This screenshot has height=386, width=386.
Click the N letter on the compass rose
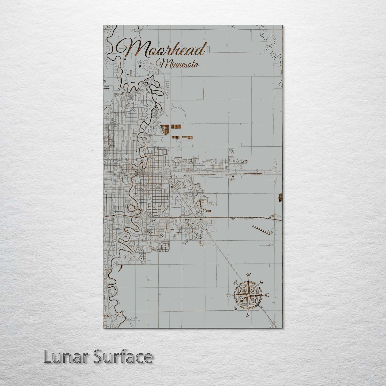pyautogui.click(x=248, y=275)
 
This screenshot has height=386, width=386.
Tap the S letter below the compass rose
pyautogui.click(x=248, y=315)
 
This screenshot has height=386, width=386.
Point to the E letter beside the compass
pyautogui.click(x=266, y=295)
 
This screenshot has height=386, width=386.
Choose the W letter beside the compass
pyautogui.click(x=228, y=295)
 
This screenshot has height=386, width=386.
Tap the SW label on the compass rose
pyautogui.click(x=235, y=308)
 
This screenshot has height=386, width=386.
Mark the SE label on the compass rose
pyautogui.click(x=261, y=308)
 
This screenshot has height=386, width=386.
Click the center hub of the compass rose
pyautogui.click(x=248, y=295)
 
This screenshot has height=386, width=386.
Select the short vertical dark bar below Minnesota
pyautogui.click(x=204, y=93)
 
